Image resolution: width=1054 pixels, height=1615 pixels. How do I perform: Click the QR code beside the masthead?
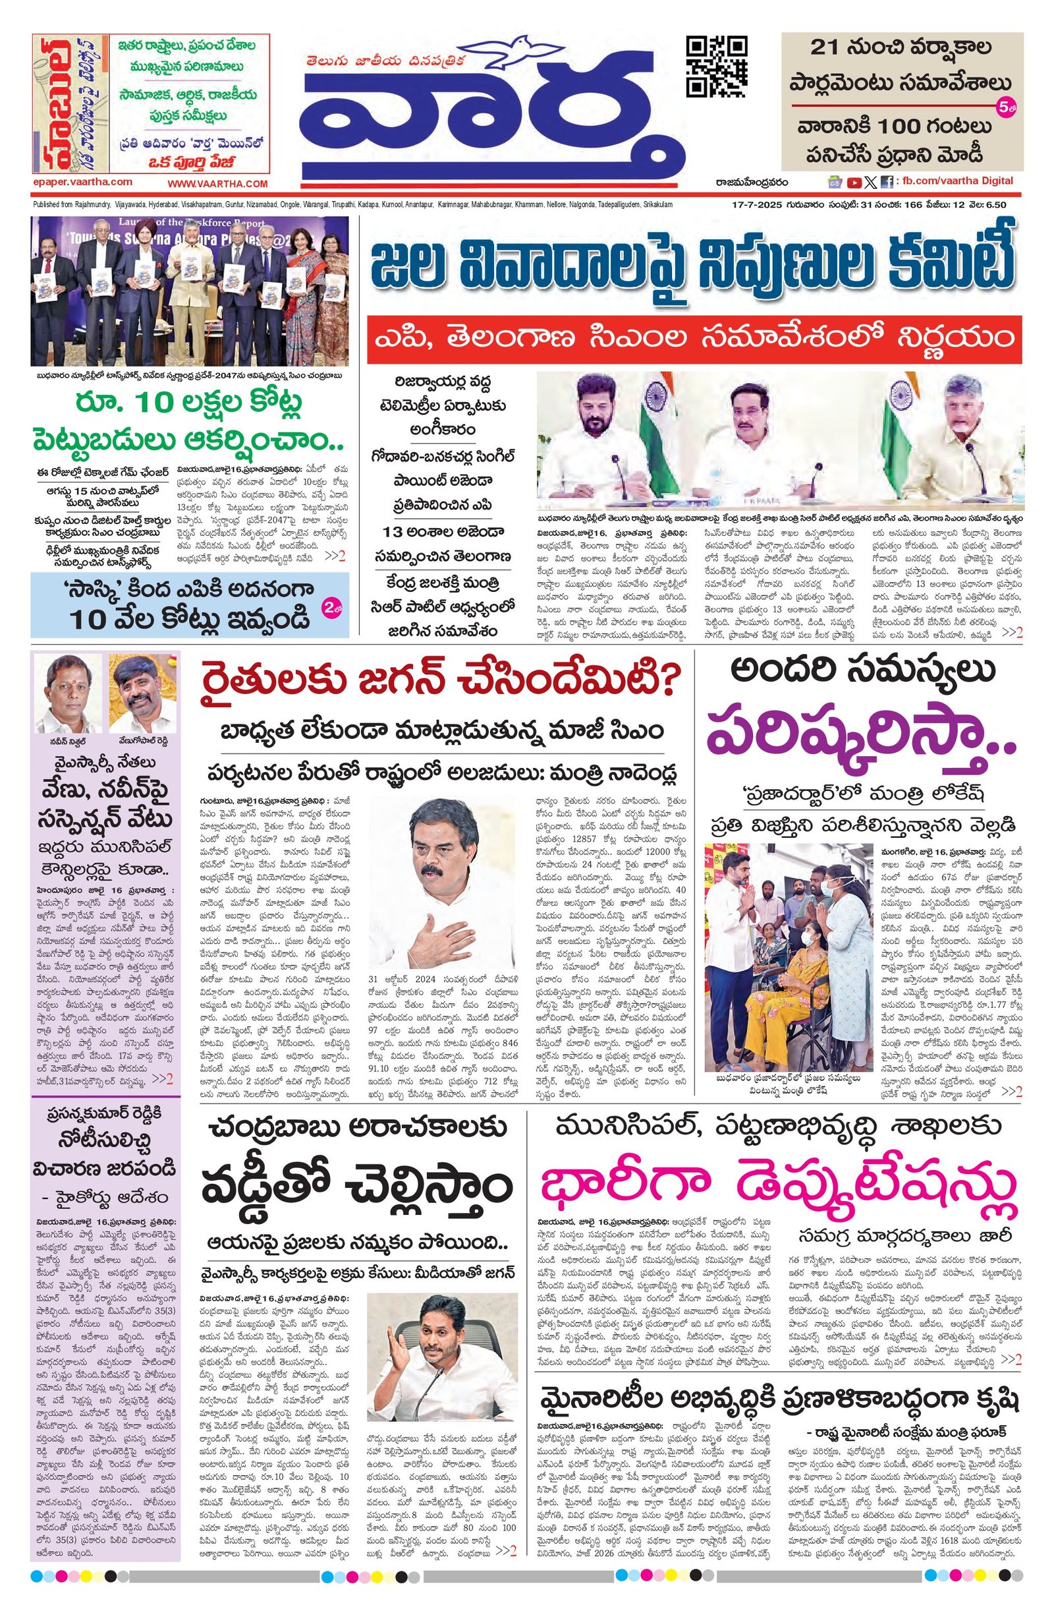717,67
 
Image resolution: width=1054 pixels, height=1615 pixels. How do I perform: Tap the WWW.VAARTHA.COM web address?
218,183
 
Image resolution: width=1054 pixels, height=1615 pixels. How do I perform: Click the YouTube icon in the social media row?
853,182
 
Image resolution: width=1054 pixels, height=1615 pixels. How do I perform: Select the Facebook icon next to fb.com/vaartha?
886,182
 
